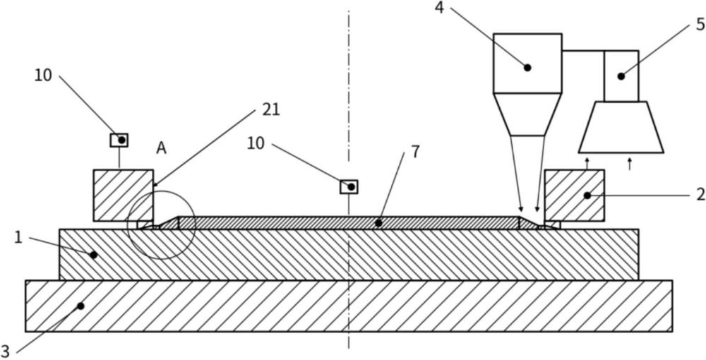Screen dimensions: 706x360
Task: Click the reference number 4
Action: click(x=439, y=8)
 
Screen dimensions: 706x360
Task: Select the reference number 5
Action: click(x=700, y=24)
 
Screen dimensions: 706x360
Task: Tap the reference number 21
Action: click(x=270, y=109)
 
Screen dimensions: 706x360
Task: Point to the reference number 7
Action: click(x=415, y=152)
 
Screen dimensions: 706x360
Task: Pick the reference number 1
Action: click(x=18, y=237)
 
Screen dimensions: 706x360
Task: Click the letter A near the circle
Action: click(x=161, y=148)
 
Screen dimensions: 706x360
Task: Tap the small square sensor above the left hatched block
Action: click(x=119, y=140)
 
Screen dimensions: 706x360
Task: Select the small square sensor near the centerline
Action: click(x=349, y=186)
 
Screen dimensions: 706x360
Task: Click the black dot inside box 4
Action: click(x=527, y=68)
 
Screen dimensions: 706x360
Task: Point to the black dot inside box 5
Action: click(x=621, y=76)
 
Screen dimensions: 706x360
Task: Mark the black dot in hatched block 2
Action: click(x=587, y=196)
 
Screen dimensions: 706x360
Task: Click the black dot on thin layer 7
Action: click(x=378, y=223)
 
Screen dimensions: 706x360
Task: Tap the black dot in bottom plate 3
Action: click(x=80, y=306)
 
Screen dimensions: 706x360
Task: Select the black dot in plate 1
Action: click(x=94, y=255)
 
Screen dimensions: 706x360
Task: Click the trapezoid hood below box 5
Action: click(x=621, y=127)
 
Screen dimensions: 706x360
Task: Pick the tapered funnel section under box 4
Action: click(x=527, y=114)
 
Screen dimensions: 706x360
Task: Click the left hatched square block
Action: click(x=124, y=196)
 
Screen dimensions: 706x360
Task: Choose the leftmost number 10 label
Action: click(x=43, y=76)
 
